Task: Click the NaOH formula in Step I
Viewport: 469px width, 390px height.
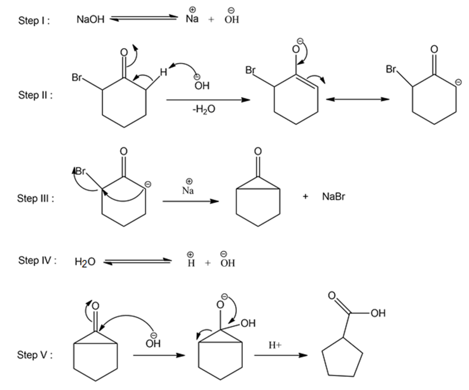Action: click(90, 20)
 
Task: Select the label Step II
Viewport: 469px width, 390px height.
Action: click(34, 95)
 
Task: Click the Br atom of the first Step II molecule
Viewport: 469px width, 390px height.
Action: click(77, 77)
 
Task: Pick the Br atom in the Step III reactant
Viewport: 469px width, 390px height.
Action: click(81, 171)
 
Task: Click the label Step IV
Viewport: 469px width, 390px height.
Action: click(37, 260)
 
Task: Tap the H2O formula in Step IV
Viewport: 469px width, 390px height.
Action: click(86, 262)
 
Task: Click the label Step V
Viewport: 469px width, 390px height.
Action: click(35, 355)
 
